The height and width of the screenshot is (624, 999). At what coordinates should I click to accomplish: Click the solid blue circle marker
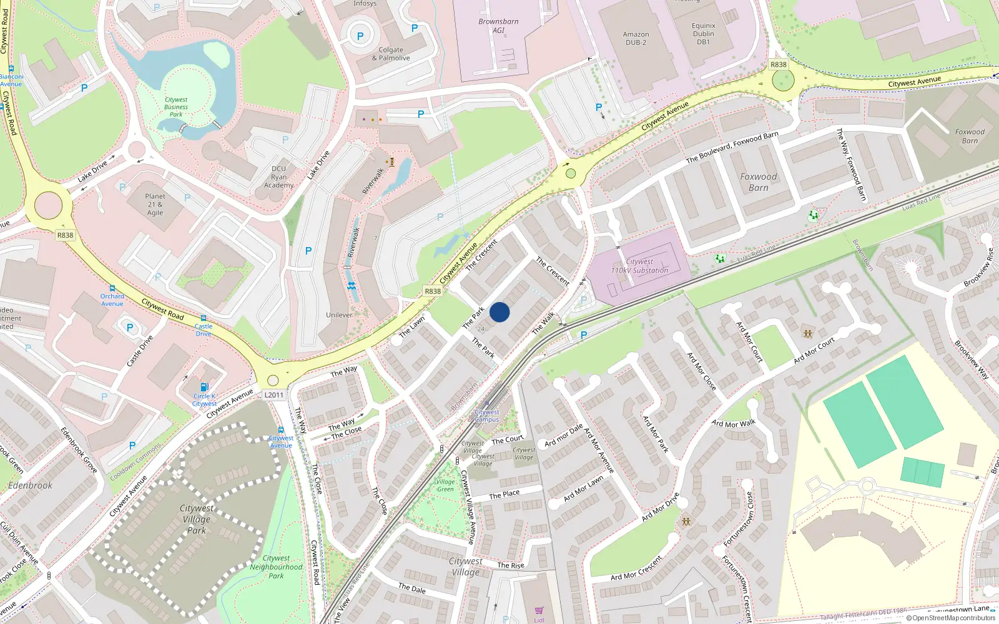tap(499, 312)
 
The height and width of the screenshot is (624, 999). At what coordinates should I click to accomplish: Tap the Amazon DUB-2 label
tap(636, 39)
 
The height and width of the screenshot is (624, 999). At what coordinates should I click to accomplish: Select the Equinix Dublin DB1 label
tap(703, 34)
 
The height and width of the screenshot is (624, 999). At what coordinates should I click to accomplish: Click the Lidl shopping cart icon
tap(539, 610)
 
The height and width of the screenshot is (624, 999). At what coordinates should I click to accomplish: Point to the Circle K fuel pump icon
tap(204, 387)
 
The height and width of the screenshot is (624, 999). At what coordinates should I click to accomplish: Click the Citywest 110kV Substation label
tap(639, 266)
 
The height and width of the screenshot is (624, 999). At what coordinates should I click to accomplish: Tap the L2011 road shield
tap(273, 394)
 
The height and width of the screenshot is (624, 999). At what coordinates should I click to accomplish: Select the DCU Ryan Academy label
tap(278, 177)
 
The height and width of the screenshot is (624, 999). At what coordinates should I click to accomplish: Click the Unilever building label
tap(339, 315)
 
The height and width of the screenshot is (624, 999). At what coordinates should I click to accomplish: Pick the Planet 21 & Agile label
tap(155, 204)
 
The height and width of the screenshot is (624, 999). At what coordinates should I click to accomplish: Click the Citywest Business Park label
tap(176, 107)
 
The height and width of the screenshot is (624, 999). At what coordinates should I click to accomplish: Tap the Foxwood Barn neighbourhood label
tap(758, 182)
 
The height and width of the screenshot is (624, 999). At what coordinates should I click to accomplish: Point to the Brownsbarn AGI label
tap(498, 26)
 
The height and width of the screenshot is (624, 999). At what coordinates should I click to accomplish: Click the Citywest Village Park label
tap(196, 519)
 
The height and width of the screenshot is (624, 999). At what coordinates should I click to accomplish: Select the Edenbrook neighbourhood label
tap(30, 485)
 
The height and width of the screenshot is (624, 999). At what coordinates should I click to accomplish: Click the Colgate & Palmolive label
tap(391, 54)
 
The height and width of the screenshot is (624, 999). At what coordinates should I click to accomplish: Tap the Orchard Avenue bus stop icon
tap(112, 288)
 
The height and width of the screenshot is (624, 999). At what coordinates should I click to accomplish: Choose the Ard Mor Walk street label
tap(733, 424)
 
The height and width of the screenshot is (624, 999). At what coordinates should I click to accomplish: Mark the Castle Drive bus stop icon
tap(204, 318)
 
